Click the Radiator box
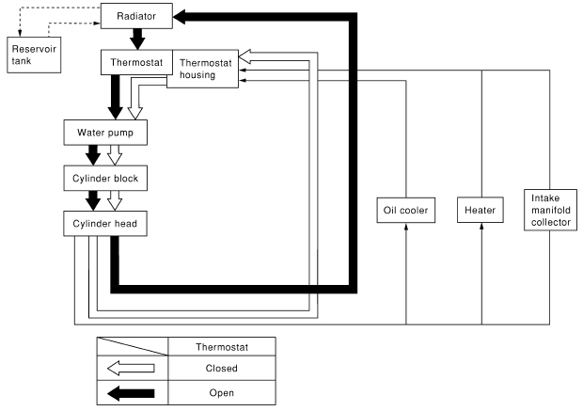[x=135, y=17]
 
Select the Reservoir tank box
[x=33, y=55]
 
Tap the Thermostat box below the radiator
[x=134, y=64]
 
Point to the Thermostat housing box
[x=204, y=69]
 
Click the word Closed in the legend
[x=221, y=368]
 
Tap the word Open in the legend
[x=221, y=392]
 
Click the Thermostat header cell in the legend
[x=221, y=346]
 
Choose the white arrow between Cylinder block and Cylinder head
[x=115, y=199]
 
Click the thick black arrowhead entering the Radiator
[x=184, y=17]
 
